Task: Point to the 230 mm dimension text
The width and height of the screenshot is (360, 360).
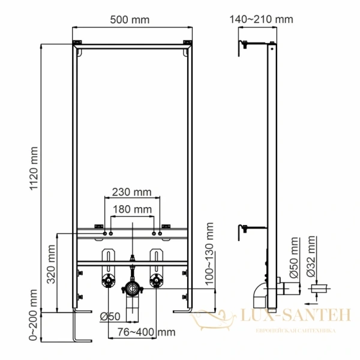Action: click(x=131, y=193)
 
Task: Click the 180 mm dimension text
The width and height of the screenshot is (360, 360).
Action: click(x=132, y=209)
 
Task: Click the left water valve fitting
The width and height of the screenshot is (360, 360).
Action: click(x=109, y=280)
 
